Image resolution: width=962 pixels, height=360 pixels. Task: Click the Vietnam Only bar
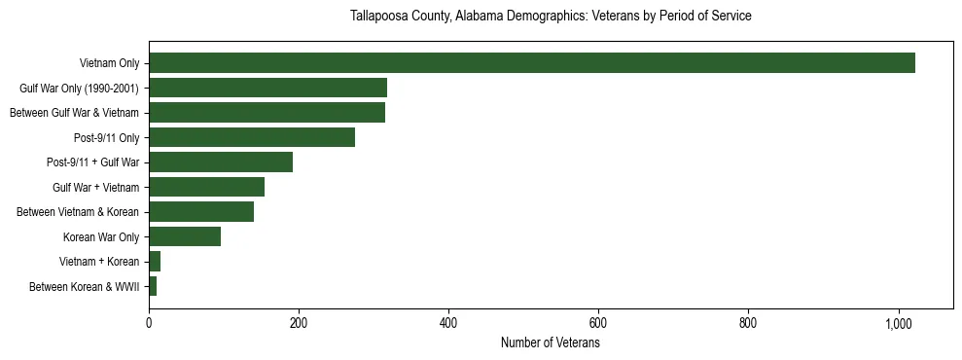[531, 63]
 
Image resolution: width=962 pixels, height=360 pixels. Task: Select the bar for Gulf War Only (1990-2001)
[267, 88]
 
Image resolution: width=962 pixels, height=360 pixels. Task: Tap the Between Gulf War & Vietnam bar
[267, 113]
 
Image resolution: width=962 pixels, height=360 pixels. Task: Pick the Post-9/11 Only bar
[252, 137]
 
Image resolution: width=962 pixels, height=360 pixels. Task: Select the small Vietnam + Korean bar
[155, 262]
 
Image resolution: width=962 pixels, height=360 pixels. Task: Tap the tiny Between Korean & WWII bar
[153, 286]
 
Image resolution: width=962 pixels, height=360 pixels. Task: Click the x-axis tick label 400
[448, 323]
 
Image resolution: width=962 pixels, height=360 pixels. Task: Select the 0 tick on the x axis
[149, 323]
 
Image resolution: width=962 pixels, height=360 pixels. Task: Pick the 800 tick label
[748, 323]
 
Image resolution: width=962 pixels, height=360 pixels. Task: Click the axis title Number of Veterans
[550, 343]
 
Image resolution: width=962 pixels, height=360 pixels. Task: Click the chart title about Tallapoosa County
[550, 17]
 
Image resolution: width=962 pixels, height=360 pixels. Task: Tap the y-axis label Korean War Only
[101, 237]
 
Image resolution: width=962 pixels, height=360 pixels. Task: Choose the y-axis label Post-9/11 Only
[106, 138]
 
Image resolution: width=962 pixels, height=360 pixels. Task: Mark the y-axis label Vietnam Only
[109, 64]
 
